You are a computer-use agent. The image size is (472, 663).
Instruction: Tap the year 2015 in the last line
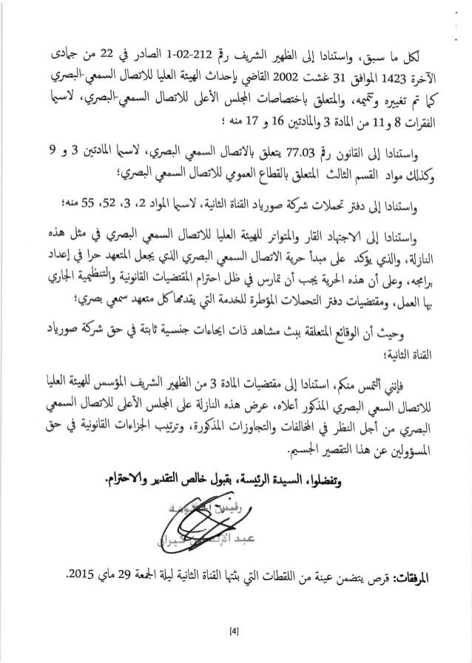click(79, 573)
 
